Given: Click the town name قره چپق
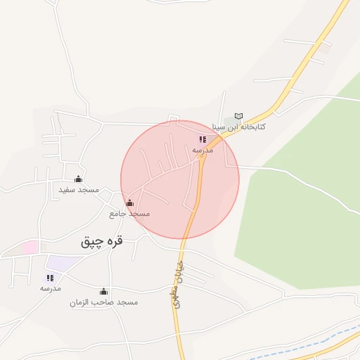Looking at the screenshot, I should coord(102,241).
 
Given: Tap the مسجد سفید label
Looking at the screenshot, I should coord(79,190).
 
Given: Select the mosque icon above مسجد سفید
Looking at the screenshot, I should coord(78,179).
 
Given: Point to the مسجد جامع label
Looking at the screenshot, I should coord(129,213).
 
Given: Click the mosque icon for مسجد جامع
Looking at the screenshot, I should coord(129,202).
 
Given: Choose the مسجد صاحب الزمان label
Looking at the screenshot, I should coord(103,302).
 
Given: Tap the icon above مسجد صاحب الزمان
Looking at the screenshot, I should coord(104,291).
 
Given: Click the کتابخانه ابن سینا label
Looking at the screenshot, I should coord(264,128).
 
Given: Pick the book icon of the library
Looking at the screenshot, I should coord(238,116).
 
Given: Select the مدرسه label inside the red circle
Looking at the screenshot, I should coord(202,150).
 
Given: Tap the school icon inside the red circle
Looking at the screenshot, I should coord(202,140).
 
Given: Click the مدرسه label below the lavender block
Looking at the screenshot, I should coord(50,289).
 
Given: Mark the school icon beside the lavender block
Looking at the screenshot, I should coord(50,278).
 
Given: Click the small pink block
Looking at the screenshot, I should coord(30,247).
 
